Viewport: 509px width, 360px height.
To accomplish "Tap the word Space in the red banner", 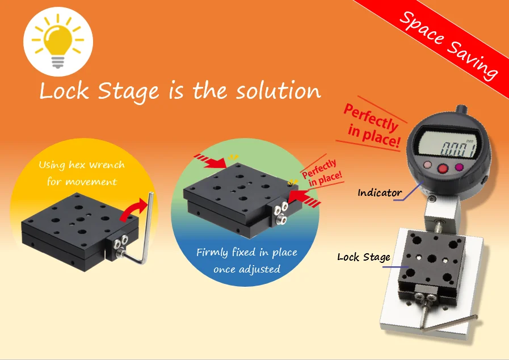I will (x=421, y=27).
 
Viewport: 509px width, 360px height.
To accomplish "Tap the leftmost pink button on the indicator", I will (x=426, y=166).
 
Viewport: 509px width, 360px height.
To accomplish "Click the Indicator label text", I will (x=380, y=193).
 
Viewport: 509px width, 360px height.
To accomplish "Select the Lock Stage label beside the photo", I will (x=364, y=257).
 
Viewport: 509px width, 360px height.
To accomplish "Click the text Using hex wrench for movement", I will (x=81, y=173).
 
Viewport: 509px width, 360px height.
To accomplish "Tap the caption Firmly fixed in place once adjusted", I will (x=247, y=261).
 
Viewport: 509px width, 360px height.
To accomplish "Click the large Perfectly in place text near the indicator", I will (x=372, y=125).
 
